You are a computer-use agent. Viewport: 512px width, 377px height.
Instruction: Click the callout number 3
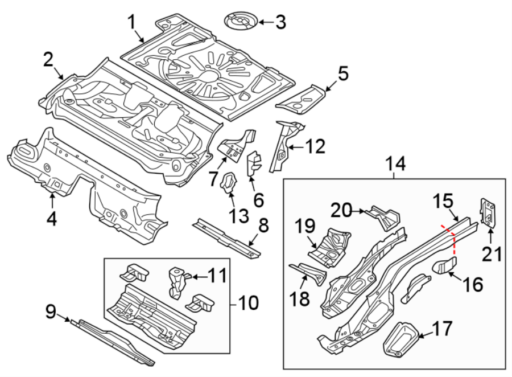point(280,22)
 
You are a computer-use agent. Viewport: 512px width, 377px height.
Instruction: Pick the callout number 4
point(52,219)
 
